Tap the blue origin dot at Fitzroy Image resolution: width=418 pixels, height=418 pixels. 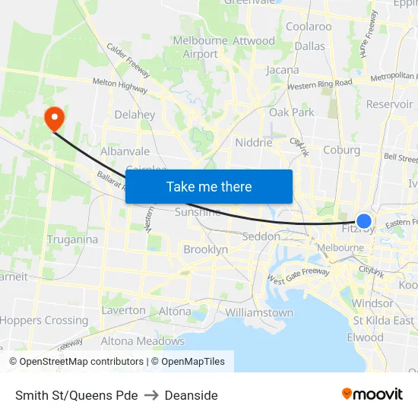(x=364, y=221)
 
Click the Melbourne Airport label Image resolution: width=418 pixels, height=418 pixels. (x=201, y=47)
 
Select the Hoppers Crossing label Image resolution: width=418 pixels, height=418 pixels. (x=44, y=320)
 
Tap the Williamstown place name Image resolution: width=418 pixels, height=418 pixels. (x=259, y=312)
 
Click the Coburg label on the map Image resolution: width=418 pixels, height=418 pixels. (x=341, y=150)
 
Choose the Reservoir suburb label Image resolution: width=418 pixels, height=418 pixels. (x=389, y=104)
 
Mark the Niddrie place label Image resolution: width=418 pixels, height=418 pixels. (x=254, y=142)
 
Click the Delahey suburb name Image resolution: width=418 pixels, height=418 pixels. (x=135, y=115)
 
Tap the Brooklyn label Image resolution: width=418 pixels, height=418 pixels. (x=205, y=249)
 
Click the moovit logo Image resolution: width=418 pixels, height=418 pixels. (x=372, y=394)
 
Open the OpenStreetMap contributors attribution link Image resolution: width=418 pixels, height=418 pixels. (x=76, y=362)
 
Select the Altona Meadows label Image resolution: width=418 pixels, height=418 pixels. (x=143, y=341)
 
